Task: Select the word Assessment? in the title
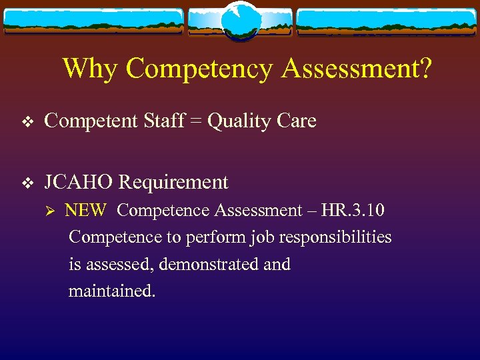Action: click(357, 68)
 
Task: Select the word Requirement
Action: click(174, 183)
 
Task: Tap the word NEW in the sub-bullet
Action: click(85, 211)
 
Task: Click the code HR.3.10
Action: click(353, 211)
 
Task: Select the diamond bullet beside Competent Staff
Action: click(27, 122)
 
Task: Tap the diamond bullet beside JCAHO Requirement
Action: click(27, 183)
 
